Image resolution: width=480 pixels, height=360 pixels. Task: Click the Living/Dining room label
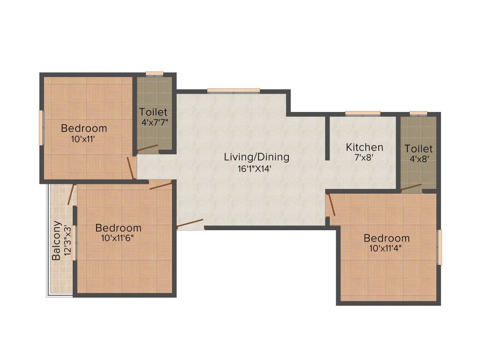256,157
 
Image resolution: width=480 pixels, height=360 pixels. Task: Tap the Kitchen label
364,147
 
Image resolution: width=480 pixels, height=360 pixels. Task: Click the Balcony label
56,240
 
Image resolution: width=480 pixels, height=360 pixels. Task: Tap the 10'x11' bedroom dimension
83,139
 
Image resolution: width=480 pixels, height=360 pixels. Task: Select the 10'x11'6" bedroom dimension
118,239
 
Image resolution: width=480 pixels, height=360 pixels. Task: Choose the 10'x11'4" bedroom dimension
386,249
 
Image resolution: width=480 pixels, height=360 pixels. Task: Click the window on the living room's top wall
233,90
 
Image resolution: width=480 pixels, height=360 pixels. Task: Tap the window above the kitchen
363,113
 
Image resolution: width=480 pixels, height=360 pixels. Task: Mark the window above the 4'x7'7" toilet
154,74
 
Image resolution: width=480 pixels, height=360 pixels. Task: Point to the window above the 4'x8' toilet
418,113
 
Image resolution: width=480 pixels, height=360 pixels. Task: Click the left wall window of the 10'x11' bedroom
41,127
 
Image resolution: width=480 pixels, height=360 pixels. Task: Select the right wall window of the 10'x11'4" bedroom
439,247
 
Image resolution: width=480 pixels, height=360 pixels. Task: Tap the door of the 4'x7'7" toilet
147,149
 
